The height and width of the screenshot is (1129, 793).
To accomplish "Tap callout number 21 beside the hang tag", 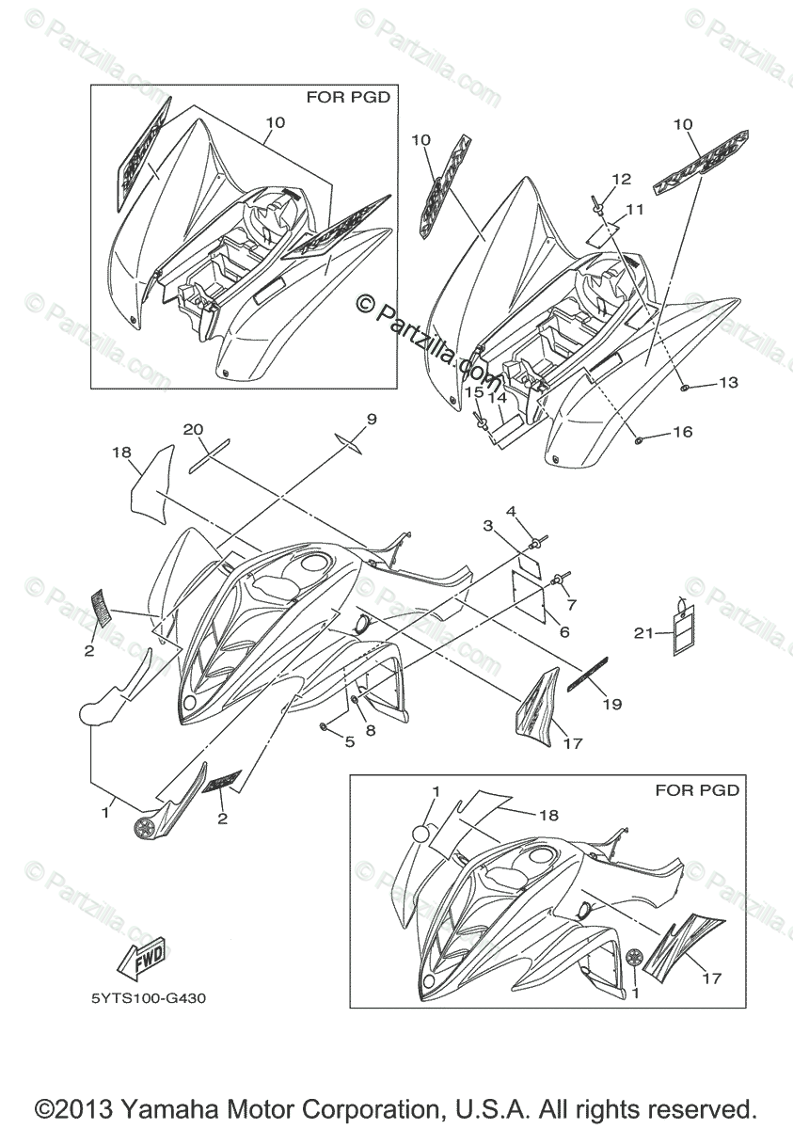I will click(642, 634).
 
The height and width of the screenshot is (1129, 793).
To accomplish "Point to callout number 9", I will click(371, 419).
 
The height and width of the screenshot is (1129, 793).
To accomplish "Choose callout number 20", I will click(193, 429).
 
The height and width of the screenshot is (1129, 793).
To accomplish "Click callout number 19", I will click(611, 703).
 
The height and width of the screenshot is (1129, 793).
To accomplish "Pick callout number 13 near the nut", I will click(728, 383).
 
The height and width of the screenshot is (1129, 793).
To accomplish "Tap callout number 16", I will click(682, 432).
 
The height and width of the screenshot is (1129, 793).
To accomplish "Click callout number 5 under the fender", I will click(349, 741).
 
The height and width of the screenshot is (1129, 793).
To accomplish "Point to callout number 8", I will click(371, 729).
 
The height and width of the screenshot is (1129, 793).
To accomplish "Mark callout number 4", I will click(512, 511).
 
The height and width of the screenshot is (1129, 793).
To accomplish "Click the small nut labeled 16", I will click(638, 439).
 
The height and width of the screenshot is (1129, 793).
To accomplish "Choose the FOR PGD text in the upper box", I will click(348, 96).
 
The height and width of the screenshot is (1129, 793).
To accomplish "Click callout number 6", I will click(564, 632).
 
